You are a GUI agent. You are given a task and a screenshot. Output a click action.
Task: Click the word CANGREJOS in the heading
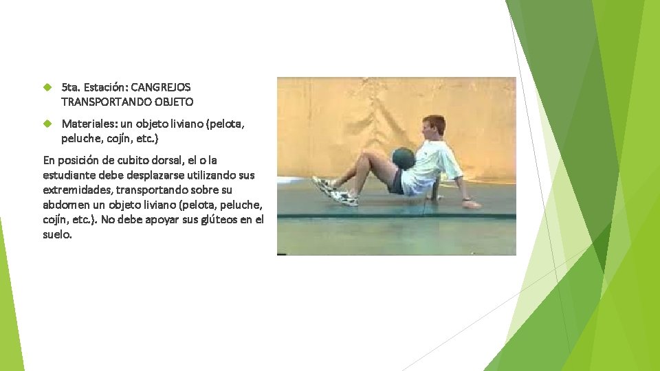click(x=160, y=88)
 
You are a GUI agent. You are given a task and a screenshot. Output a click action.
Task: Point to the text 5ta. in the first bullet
click(x=71, y=88)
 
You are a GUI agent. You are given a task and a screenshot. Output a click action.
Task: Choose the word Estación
click(x=105, y=88)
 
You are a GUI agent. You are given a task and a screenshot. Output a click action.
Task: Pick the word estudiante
click(x=69, y=175)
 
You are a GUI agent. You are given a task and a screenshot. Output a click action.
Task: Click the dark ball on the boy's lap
click(x=403, y=158)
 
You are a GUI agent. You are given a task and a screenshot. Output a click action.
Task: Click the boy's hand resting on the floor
click(x=472, y=204)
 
